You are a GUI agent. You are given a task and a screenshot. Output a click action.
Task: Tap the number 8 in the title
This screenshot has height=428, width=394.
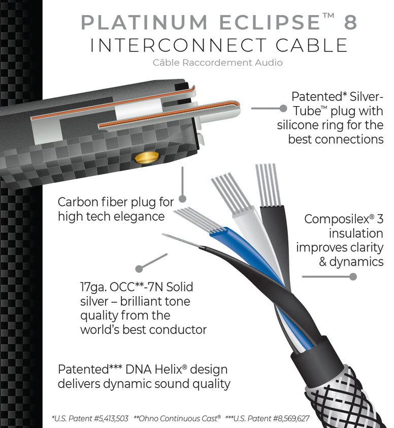pyautogui.click(x=349, y=22)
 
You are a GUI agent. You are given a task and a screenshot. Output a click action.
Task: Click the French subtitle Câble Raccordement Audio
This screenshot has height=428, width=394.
pyautogui.click(x=217, y=63)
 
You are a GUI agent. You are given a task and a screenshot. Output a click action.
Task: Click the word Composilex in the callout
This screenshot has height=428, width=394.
pyautogui.click(x=335, y=219)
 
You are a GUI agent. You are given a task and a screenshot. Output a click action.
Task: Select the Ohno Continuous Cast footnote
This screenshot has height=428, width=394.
pyautogui.click(x=177, y=418)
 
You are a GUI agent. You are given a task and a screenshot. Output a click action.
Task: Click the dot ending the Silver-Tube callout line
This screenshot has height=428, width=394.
pyautogui.click(x=283, y=108)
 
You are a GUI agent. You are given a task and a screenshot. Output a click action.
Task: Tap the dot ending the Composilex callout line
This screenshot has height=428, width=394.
pyautogui.click(x=353, y=277)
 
